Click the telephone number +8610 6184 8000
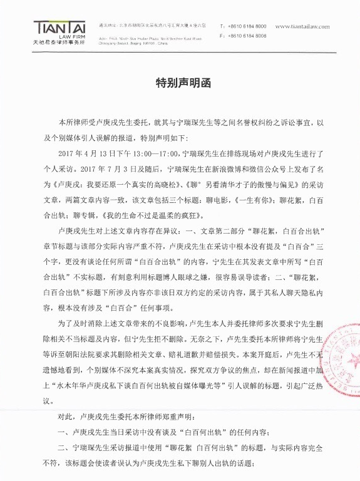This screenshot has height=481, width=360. [247, 26]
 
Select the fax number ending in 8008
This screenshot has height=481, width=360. [247, 36]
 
